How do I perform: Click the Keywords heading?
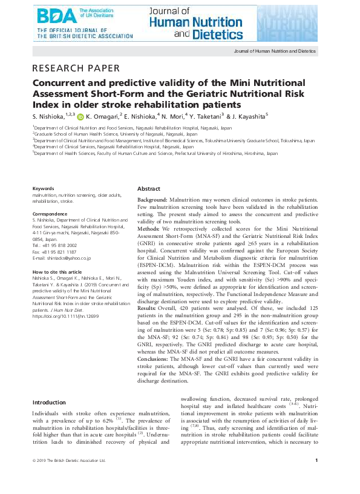tap(43, 189)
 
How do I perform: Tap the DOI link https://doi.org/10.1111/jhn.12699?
tap(65, 315)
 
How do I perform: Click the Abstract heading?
tap(149, 189)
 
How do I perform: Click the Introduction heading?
tap(50, 402)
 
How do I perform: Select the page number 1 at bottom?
tap(316, 460)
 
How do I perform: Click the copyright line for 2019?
tap(68, 460)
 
